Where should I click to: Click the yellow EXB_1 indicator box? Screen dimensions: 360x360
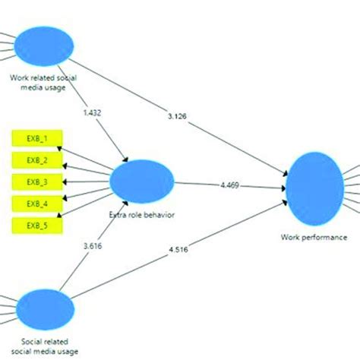coord(37,139)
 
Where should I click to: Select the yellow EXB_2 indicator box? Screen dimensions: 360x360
coord(37,160)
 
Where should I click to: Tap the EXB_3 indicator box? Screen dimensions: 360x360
coord(37,182)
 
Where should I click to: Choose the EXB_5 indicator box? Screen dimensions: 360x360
coord(37,225)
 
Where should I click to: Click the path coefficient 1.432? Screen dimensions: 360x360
coord(91,113)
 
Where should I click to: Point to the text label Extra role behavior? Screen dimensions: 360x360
coord(143,215)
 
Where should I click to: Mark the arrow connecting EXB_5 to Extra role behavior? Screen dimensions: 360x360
coord(88,205)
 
